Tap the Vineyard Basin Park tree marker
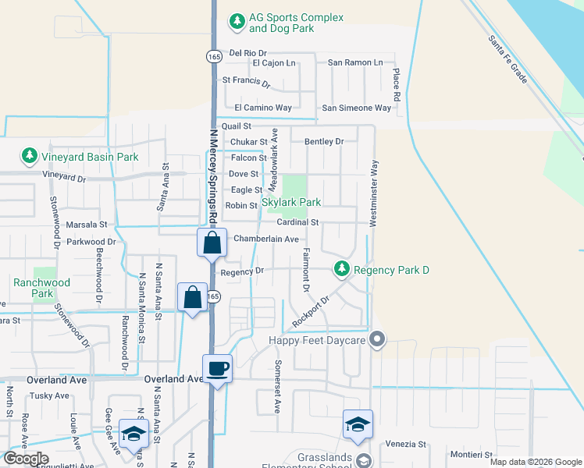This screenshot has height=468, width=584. point(30,156)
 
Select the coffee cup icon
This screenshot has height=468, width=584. point(217,367)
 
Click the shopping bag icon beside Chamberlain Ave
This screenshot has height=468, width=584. point(212,243)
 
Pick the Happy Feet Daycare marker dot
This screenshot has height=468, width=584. point(378,339)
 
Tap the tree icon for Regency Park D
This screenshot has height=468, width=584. point(341,269)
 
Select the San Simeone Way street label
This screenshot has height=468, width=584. point(357,108)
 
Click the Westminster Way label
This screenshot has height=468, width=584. point(374,193)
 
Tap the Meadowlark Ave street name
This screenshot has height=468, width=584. point(273,161)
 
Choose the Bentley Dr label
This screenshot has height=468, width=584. point(323,142)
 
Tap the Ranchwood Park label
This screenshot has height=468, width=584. point(41,288)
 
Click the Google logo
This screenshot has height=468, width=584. point(25,459)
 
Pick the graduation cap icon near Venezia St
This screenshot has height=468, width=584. point(358,424)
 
